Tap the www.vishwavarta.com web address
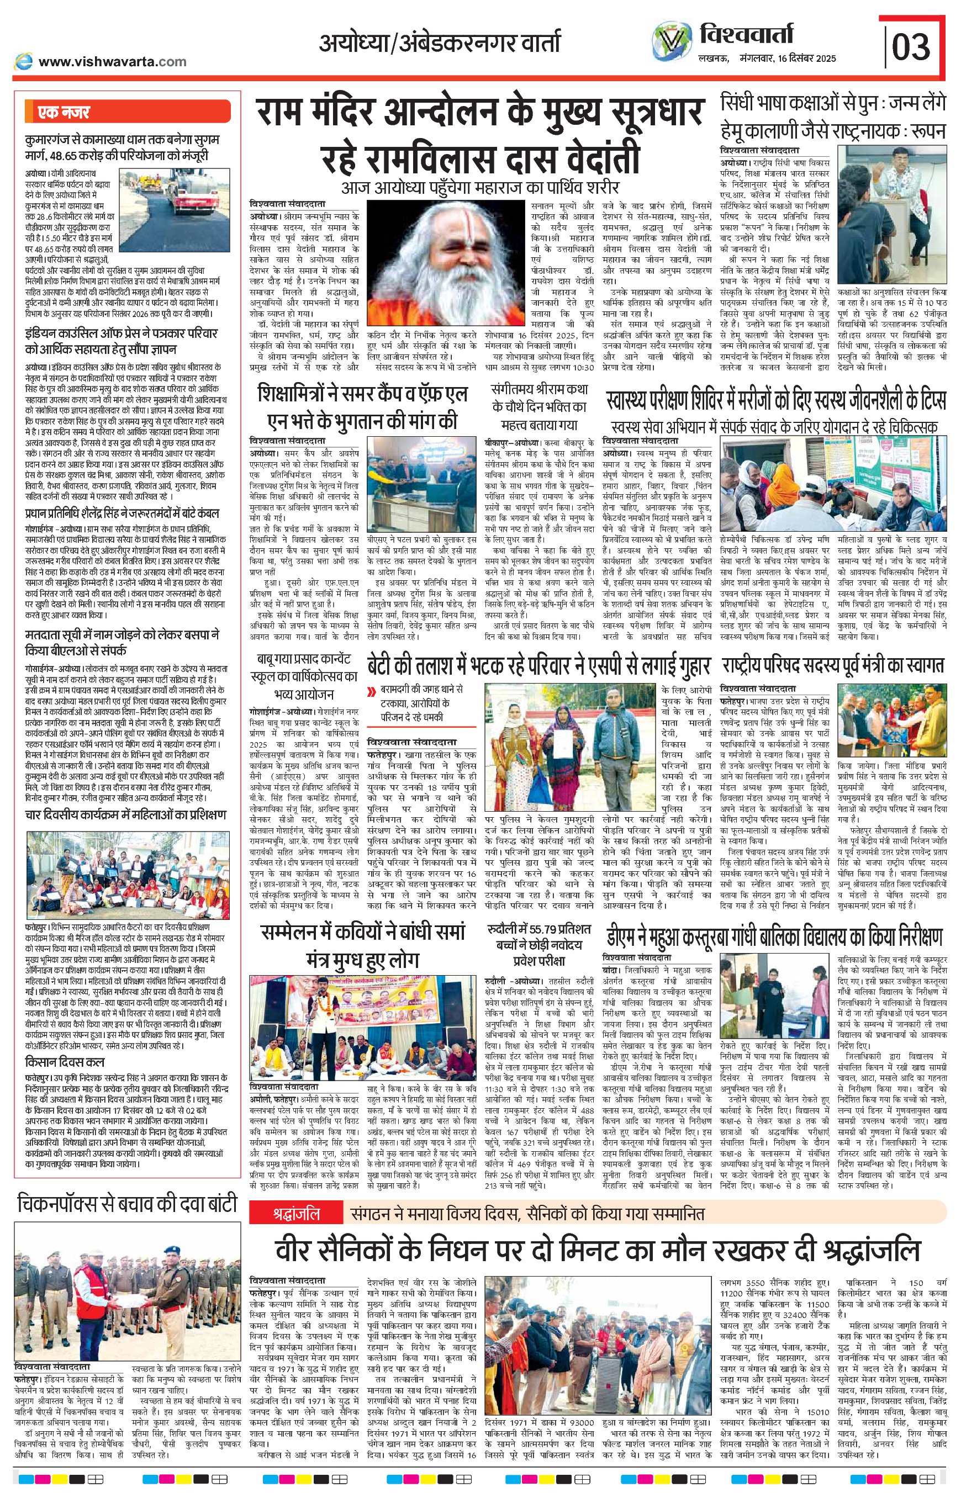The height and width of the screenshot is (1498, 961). tap(112, 61)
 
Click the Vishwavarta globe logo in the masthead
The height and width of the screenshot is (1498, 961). tap(672, 40)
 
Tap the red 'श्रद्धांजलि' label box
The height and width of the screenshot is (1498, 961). tap(297, 1214)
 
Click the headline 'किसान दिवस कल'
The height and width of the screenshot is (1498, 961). tap(65, 1062)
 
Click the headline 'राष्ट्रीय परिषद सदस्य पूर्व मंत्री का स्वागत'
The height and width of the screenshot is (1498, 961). tap(832, 666)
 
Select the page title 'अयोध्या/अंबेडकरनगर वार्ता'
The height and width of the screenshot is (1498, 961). tap(440, 43)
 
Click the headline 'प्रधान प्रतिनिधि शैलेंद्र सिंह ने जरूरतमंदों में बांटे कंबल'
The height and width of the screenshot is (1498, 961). tap(122, 514)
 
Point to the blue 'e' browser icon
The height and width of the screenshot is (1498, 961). tap(24, 61)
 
